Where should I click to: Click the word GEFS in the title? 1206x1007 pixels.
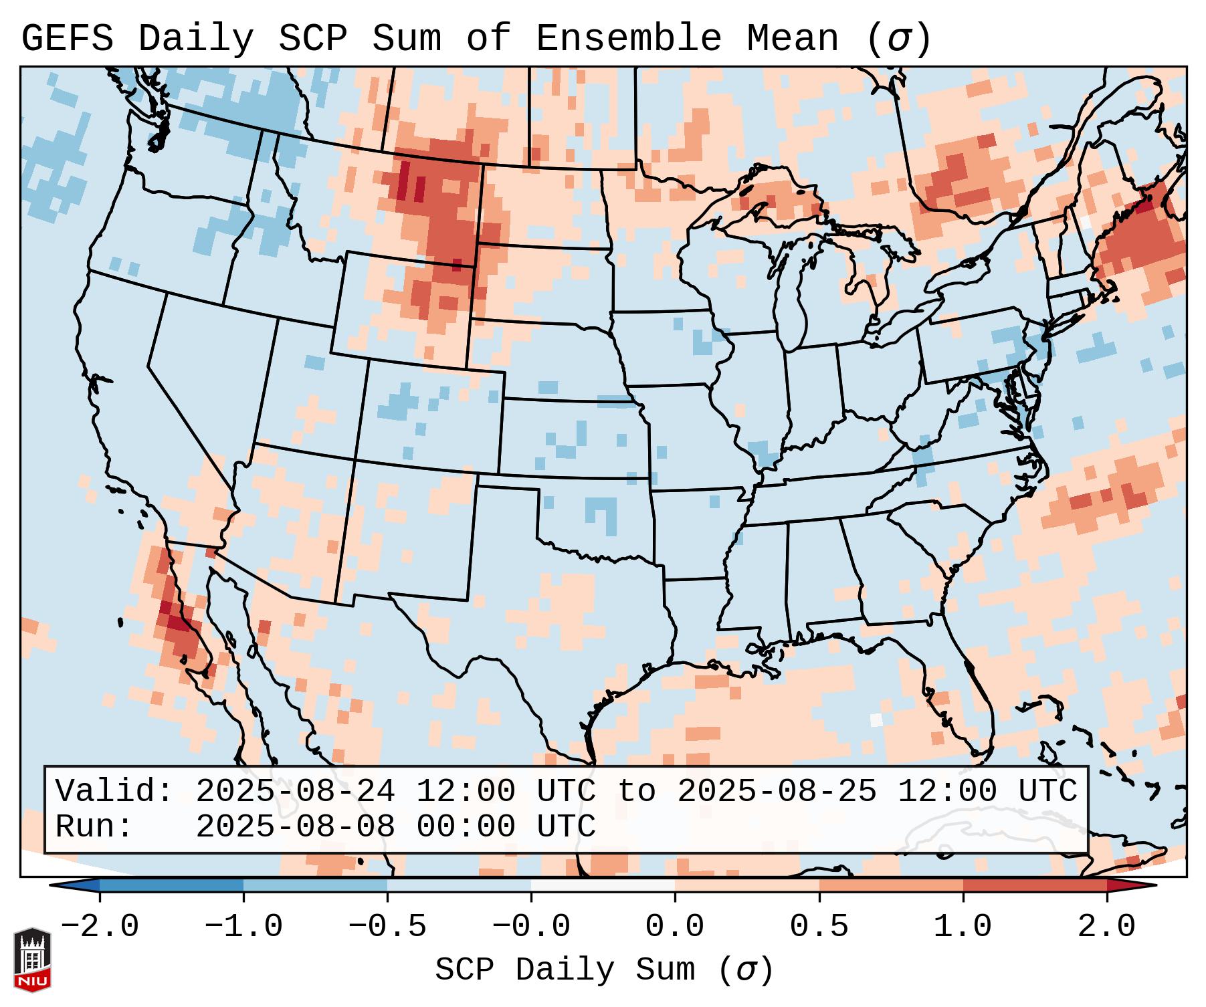click(67, 38)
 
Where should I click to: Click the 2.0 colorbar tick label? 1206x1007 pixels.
click(1107, 927)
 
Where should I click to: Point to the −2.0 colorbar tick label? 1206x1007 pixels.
click(100, 927)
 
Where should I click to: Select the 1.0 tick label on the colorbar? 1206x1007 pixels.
click(963, 927)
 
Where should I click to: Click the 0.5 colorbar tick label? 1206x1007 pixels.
click(819, 927)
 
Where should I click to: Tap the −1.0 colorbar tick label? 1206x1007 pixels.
click(243, 927)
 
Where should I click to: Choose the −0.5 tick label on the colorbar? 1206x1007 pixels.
click(387, 927)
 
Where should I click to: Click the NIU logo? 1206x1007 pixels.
click(32, 960)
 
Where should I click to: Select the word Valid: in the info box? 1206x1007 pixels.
click(114, 792)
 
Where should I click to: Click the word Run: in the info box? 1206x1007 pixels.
click(94, 827)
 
